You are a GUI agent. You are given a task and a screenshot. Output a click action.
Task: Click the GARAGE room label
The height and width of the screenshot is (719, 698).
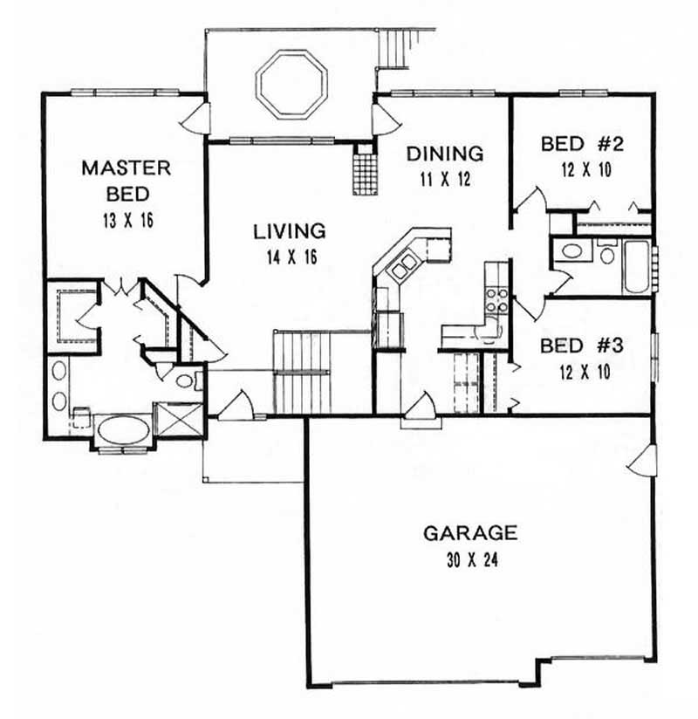tap(470, 532)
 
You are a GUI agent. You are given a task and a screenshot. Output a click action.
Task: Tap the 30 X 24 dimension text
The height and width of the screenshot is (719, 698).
tap(470, 556)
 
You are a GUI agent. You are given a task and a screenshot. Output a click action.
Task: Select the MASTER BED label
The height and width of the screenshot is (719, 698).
tap(127, 180)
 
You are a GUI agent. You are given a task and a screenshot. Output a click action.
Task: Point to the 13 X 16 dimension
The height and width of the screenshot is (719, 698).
tap(127, 220)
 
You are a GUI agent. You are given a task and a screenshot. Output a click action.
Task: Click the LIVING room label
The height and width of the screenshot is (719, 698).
tap(290, 231)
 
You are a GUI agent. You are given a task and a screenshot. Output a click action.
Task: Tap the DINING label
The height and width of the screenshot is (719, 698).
tap(445, 154)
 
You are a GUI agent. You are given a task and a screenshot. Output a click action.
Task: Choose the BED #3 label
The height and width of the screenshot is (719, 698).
tap(580, 346)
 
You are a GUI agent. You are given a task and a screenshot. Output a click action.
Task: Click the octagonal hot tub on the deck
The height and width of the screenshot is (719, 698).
tap(291, 85)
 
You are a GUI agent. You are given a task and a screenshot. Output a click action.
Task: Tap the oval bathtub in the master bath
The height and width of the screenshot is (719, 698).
tap(122, 431)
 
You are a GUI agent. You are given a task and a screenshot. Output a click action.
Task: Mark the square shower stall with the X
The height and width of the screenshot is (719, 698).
tap(178, 420)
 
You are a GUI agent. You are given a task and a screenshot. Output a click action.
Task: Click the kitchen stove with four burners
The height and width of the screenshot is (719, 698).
tap(497, 299)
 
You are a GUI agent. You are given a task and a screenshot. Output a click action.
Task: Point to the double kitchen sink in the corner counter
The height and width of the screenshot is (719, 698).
tap(403, 266)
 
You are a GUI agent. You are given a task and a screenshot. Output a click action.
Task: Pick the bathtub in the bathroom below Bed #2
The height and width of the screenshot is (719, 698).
tap(634, 265)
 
